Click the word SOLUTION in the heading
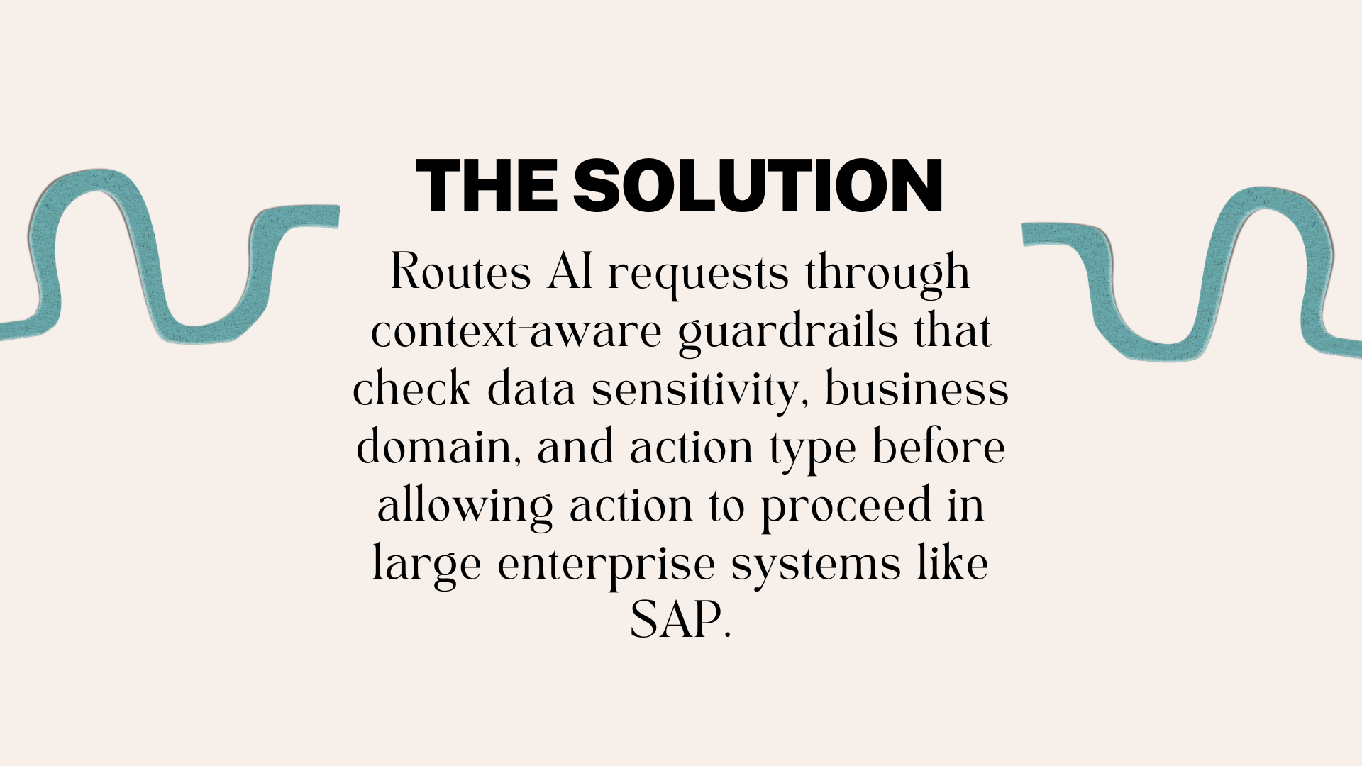click(x=758, y=186)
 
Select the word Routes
click(x=460, y=272)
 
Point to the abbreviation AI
click(x=570, y=272)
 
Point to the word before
click(x=938, y=447)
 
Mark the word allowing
click(x=465, y=506)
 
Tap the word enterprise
click(x=607, y=566)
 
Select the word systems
click(x=816, y=566)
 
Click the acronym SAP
click(x=675, y=620)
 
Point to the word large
click(x=427, y=566)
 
